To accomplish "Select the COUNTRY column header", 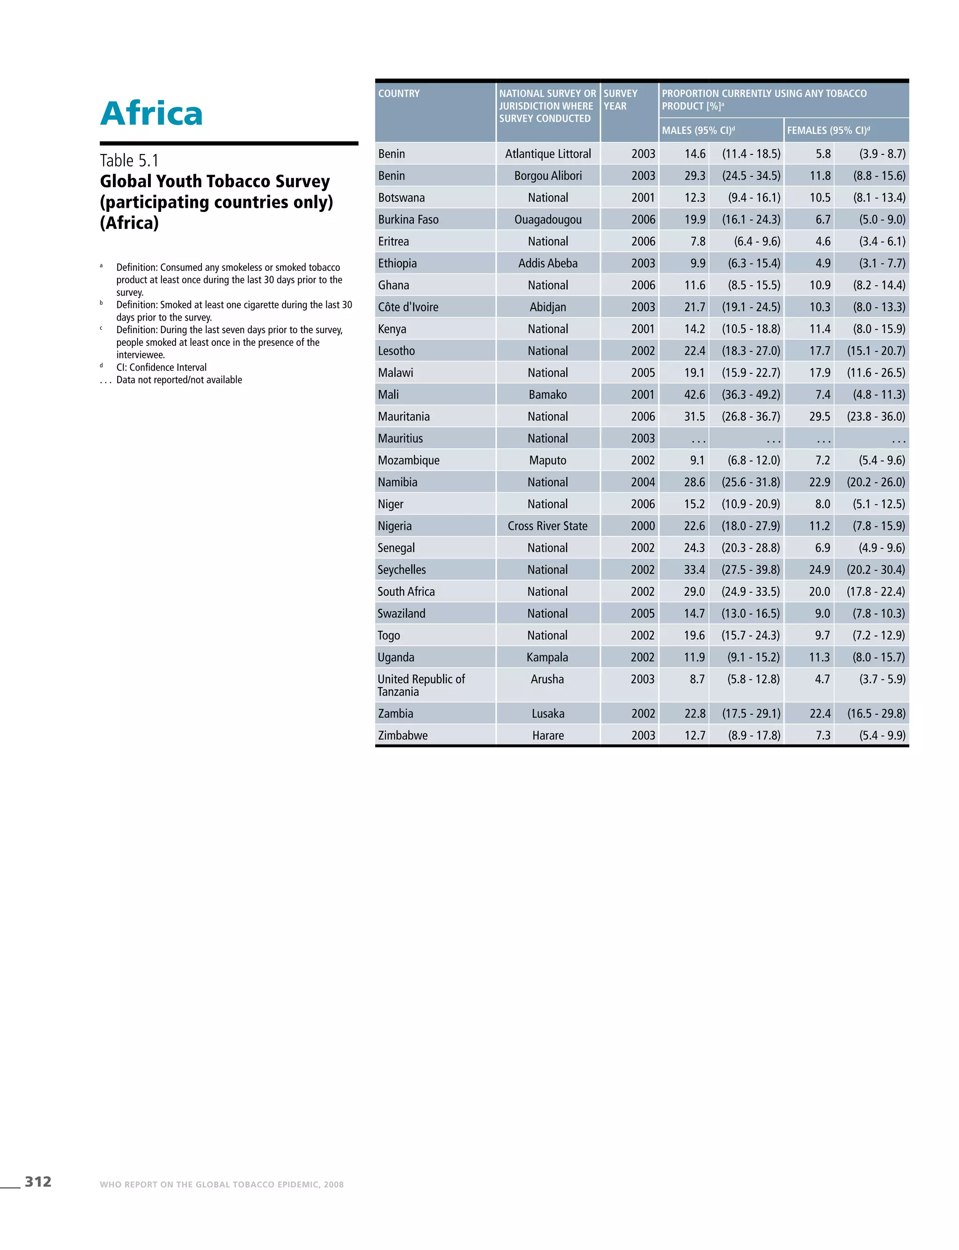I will point(398,94).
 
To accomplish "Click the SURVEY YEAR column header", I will point(620,100).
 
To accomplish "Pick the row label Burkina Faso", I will point(408,219).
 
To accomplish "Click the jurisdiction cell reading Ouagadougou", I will point(547,219).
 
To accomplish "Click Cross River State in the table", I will point(547,526).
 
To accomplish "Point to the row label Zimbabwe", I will point(402,735).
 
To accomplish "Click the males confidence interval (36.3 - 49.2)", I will point(751,395).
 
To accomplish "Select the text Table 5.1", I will point(130,161).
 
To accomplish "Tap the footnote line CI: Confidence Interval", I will point(161,367).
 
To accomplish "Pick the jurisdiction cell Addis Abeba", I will point(547,263).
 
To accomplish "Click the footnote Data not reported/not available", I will point(179,380).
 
